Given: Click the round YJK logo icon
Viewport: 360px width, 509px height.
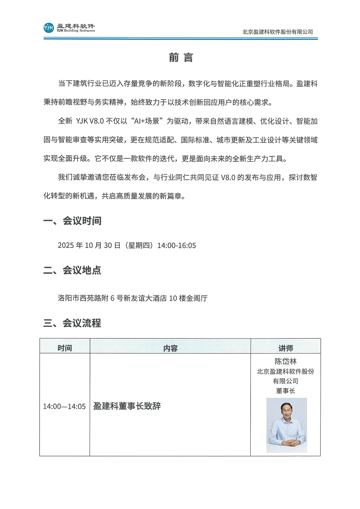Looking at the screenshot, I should [49, 28].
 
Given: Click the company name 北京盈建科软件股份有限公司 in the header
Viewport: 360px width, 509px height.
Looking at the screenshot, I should [278, 32].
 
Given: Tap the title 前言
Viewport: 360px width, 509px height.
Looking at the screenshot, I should [181, 58].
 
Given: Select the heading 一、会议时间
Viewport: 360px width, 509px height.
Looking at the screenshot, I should [72, 221].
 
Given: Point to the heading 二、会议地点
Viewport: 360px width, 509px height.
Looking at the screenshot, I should [72, 270].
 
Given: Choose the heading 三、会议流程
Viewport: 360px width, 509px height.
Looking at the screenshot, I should [72, 323].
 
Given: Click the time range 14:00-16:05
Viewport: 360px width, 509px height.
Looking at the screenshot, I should [176, 246].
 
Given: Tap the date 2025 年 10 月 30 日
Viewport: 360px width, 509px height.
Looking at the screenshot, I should [89, 246].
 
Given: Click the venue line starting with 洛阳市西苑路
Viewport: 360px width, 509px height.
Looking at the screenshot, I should [132, 298].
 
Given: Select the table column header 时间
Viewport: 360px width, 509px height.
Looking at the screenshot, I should [65, 348].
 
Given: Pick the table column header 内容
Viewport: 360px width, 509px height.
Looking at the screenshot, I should [170, 348].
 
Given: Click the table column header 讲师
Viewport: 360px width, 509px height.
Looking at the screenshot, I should [285, 348].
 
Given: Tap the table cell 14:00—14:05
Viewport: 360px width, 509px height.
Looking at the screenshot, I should [64, 406].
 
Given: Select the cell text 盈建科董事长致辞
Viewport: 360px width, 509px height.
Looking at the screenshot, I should [127, 406].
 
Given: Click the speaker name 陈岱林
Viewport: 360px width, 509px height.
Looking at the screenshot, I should [285, 361].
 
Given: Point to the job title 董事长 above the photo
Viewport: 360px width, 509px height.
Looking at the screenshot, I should [285, 391].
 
